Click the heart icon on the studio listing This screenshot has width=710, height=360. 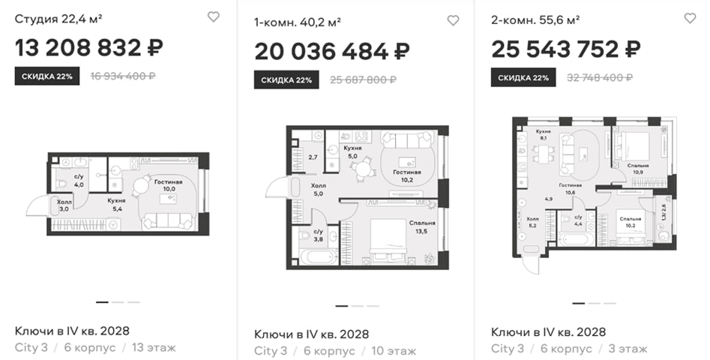[213, 16]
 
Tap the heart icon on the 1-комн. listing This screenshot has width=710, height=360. [453, 20]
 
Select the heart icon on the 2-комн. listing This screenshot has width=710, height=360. [690, 18]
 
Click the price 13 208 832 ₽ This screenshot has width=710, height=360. [89, 47]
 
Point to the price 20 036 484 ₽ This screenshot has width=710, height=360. [332, 51]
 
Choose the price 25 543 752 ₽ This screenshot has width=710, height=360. [566, 49]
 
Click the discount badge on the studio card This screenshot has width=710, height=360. [47, 76]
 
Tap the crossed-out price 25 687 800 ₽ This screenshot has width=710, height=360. [363, 80]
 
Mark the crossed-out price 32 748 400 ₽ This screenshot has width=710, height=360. [600, 78]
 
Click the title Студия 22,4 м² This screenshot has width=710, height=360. [58, 19]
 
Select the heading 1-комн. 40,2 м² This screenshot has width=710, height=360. [298, 22]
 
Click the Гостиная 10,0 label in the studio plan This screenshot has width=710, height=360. [168, 185]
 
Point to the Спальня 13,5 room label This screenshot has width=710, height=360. [422, 226]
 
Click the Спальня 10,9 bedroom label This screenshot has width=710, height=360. [638, 169]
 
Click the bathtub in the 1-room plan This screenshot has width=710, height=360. [319, 256]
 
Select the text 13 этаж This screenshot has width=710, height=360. [154, 348]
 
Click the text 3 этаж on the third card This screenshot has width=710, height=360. [627, 349]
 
